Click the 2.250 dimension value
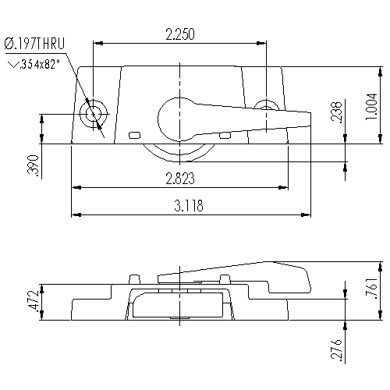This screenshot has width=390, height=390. pyautogui.click(x=180, y=34)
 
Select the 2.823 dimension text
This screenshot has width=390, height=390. pyautogui.click(x=180, y=179)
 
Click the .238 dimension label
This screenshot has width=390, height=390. pyautogui.click(x=336, y=114)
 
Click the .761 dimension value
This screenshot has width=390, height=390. pyautogui.click(x=373, y=289)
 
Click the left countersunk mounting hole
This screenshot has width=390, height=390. pyautogui.click(x=93, y=113)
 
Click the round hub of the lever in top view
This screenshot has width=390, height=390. pyautogui.click(x=179, y=117)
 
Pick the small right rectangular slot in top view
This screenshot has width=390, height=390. pyautogui.click(x=225, y=135)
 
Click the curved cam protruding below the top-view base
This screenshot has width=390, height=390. pyautogui.click(x=180, y=153)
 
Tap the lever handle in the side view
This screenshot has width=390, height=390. pyautogui.click(x=234, y=273)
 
